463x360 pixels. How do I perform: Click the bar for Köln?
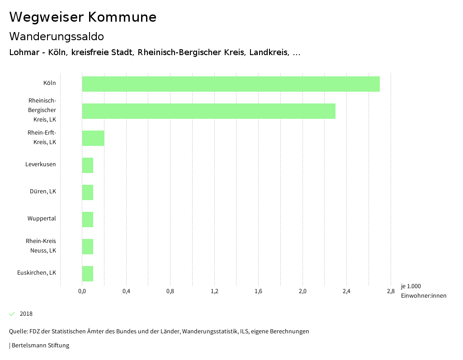click(231, 84)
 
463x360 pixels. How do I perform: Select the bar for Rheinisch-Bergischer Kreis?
click(208, 111)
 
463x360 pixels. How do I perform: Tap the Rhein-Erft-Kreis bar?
click(93, 138)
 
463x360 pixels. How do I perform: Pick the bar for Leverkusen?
click(88, 165)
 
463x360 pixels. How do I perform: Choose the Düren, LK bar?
click(88, 192)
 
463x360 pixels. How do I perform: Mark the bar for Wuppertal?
click(88, 220)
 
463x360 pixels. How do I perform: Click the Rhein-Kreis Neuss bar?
click(88, 247)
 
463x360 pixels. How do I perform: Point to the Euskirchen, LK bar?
click(88, 274)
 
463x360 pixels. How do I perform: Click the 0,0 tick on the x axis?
click(82, 291)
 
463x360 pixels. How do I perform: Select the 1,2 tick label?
click(214, 291)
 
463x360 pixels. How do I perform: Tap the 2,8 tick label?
click(391, 291)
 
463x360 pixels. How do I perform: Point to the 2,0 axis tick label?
click(302, 291)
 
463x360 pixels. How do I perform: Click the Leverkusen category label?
click(41, 164)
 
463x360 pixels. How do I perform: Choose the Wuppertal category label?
click(42, 219)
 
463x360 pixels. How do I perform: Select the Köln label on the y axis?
click(50, 83)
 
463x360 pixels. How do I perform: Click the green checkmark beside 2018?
click(12, 314)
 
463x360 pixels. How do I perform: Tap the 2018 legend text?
click(26, 314)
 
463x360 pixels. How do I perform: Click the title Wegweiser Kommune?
click(83, 17)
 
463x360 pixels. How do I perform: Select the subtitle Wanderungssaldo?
click(57, 36)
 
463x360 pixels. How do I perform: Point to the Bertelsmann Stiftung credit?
click(40, 346)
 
